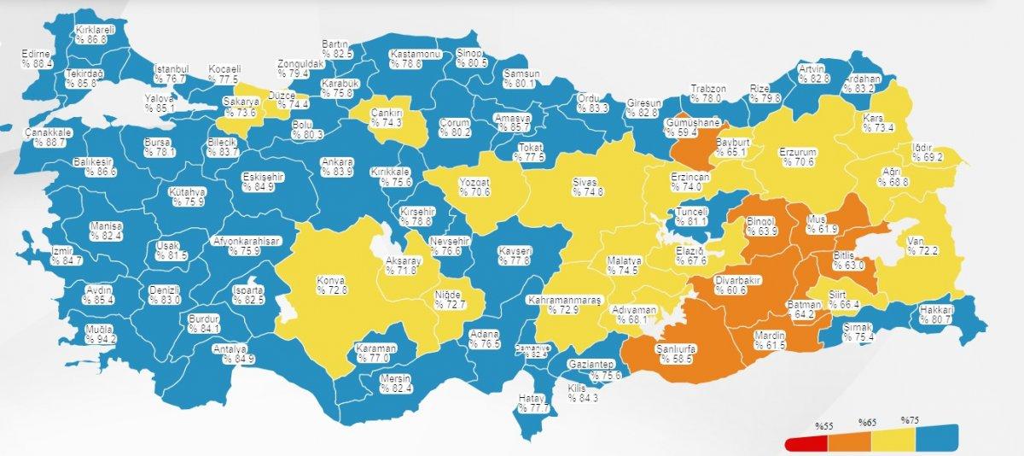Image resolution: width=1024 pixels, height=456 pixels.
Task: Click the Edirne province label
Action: [x=37, y=57]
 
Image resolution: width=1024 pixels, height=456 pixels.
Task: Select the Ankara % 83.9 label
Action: [x=336, y=167]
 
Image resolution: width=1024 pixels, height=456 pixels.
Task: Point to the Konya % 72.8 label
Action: [x=331, y=284]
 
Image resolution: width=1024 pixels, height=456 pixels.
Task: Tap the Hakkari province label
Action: [x=937, y=314]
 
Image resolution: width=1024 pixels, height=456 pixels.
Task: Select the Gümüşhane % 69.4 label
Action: [x=692, y=127]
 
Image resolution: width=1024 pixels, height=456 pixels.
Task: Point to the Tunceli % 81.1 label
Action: [x=691, y=217]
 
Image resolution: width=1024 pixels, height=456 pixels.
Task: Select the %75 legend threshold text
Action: [x=911, y=420]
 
